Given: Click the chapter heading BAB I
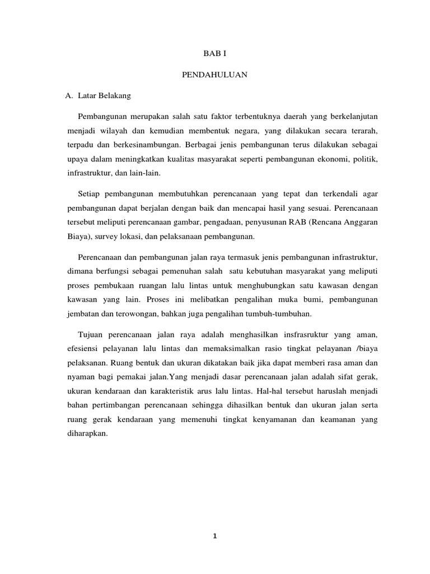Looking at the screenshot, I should tap(214, 54).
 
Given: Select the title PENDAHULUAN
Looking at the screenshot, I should tap(214, 75).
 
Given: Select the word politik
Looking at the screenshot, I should tap(366, 160).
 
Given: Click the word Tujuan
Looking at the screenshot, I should tap(91, 334).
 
